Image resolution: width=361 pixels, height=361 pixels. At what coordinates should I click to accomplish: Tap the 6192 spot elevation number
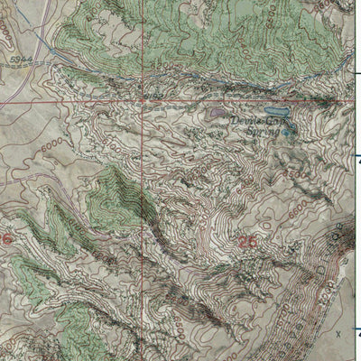click(x=154, y=93)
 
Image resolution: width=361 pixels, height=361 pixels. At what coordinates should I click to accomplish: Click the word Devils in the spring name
click(x=244, y=118)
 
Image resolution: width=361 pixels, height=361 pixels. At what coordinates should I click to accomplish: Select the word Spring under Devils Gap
click(x=265, y=132)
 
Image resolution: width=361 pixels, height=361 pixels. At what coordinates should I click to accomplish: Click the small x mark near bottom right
click(x=338, y=333)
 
